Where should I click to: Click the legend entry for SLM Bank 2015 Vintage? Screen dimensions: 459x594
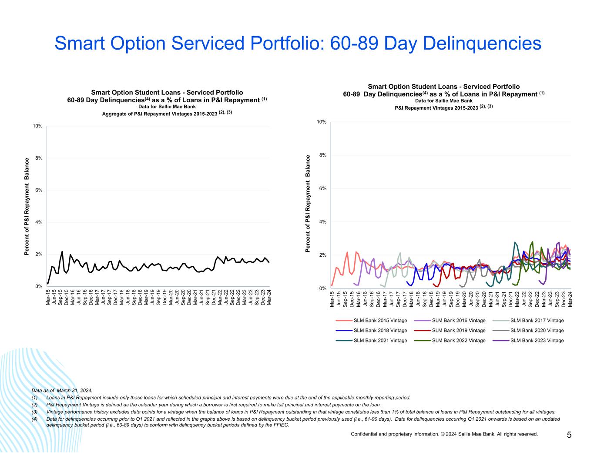click(380, 321)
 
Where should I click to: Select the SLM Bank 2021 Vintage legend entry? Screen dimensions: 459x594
click(380, 341)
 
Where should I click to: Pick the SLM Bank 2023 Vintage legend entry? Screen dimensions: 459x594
click(537, 341)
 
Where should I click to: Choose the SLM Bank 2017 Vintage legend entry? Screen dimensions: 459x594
click(537, 321)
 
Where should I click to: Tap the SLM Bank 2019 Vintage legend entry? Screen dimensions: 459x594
click(458, 331)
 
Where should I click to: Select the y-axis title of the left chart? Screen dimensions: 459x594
click(27, 206)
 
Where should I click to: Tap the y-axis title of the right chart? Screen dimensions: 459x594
click(308, 203)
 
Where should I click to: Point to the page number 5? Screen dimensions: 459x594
click(569, 435)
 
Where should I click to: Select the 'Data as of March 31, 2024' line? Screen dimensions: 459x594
click(62, 391)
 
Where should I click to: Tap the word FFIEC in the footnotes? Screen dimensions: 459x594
click(281, 425)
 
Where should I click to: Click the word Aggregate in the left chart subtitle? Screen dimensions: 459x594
click(114, 113)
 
